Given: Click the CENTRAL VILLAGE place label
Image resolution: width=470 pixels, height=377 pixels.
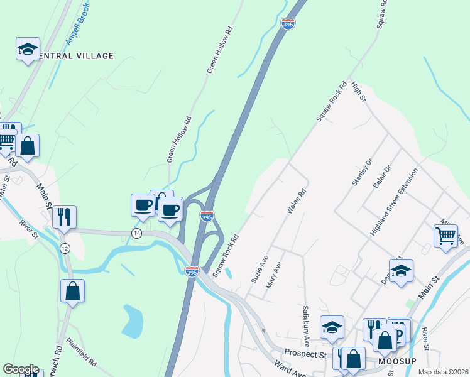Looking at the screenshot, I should pos(75,56).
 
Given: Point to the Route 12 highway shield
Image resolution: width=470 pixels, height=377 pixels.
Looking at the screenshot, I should pos(65,249).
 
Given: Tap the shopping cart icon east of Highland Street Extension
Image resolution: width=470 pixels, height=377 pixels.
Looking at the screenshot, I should pos(445,236).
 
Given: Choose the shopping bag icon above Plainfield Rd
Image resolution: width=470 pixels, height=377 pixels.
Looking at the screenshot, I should pos(72,291).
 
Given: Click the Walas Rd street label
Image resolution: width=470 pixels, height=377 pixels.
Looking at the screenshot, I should pos(295,202).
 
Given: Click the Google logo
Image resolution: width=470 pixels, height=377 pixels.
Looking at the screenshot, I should pos(21,369).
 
